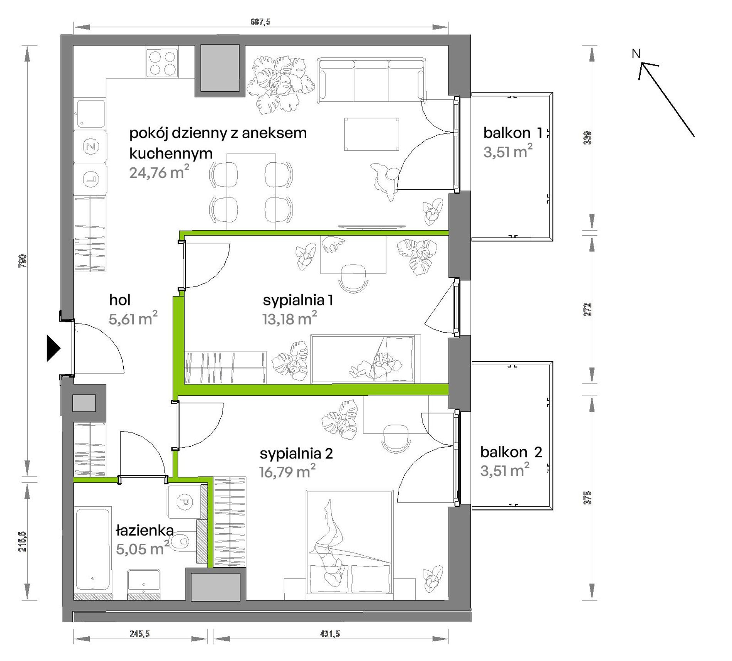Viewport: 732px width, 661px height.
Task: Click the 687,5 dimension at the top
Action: tap(260, 22)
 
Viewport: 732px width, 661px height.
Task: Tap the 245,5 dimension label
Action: tap(139, 633)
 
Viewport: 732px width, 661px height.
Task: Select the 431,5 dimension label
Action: tap(330, 633)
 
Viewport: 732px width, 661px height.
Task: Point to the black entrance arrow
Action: tap(54, 348)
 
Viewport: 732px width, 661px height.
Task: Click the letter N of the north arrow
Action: tap(636, 54)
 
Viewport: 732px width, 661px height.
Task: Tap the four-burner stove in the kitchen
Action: tap(162, 63)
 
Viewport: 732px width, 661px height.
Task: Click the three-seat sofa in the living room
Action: tap(371, 80)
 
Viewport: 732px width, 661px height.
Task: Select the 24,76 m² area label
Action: tap(159, 172)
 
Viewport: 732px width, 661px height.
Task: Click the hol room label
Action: tap(120, 300)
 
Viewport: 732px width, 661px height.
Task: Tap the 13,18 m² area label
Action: tap(290, 319)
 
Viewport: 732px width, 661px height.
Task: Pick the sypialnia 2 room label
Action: tap(296, 454)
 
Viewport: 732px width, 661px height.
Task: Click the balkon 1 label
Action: tap(513, 133)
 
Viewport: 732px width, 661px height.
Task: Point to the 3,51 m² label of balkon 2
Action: tap(505, 470)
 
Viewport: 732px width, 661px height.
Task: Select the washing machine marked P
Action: tap(184, 502)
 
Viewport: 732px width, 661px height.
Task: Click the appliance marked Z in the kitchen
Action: tap(90, 147)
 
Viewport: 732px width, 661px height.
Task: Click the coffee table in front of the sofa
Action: tap(371, 134)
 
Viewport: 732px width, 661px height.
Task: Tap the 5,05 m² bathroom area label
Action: tap(142, 548)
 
